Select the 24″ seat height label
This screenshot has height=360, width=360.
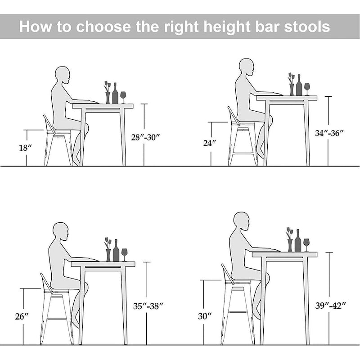click(210, 143)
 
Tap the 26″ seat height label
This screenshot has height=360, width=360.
click(22, 316)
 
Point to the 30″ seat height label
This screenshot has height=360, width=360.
click(205, 316)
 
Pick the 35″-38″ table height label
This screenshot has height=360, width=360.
click(148, 305)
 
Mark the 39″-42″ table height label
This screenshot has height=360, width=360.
click(331, 305)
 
